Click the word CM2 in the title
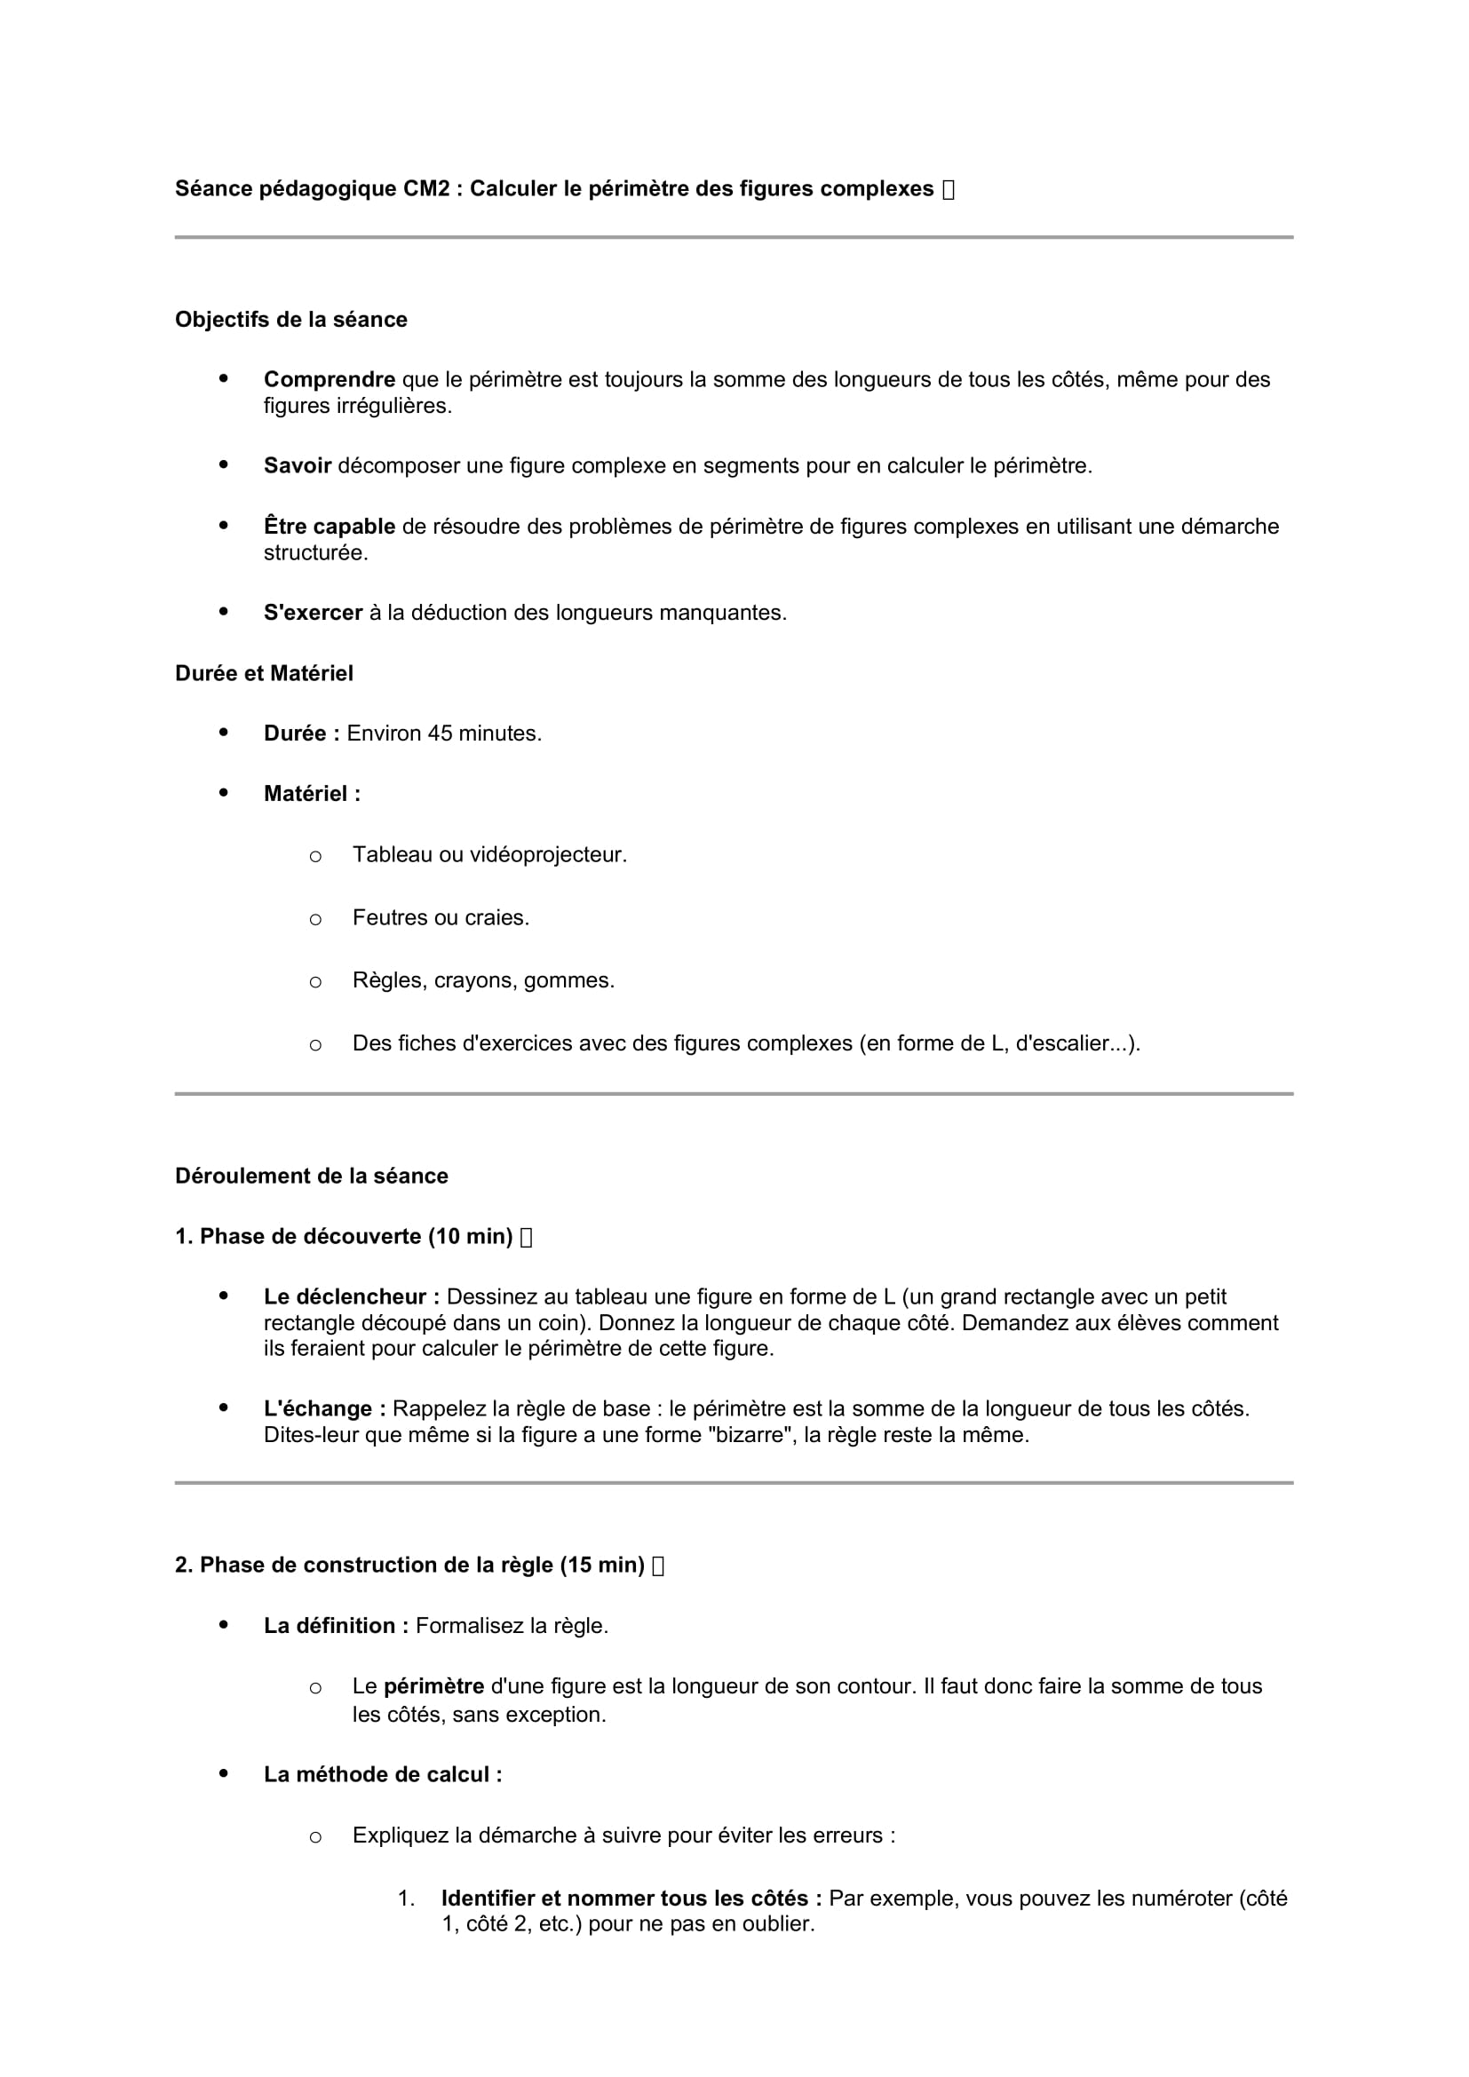(x=426, y=189)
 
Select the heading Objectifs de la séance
(x=291, y=320)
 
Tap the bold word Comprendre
(x=330, y=380)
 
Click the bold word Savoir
(x=298, y=466)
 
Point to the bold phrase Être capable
(x=330, y=527)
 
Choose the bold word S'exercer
(x=313, y=613)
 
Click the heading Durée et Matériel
(x=264, y=673)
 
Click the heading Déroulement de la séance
(x=312, y=1176)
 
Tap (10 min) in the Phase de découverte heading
(x=471, y=1237)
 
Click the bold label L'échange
(x=325, y=1409)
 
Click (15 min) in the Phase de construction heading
(x=601, y=1565)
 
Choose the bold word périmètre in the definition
(x=433, y=1686)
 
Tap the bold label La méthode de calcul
(x=383, y=1775)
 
